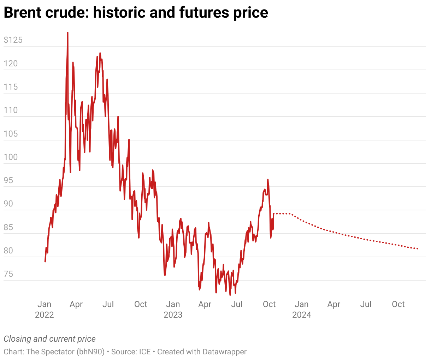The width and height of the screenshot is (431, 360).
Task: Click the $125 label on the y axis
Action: (13, 40)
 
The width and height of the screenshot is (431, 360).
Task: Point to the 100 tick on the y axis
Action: (11, 157)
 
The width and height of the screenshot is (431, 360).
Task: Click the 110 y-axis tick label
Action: (11, 110)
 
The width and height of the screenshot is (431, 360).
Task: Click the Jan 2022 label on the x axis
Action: (45, 309)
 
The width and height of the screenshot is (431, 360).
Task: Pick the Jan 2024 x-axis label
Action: (302, 309)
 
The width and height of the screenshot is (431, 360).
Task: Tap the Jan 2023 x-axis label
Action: (173, 309)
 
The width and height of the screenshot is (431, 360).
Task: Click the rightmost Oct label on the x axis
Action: (398, 304)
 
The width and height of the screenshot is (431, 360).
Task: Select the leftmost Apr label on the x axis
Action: (76, 304)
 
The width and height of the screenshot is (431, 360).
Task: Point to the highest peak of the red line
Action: (67, 33)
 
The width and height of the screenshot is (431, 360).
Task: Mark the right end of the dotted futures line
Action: (418, 249)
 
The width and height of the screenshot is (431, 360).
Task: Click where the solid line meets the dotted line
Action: (274, 214)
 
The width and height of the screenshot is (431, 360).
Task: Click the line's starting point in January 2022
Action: (45, 262)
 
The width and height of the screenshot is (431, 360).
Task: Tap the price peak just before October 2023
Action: (268, 180)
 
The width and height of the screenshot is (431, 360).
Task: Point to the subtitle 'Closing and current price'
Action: (50, 339)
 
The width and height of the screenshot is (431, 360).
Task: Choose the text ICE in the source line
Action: (144, 352)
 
